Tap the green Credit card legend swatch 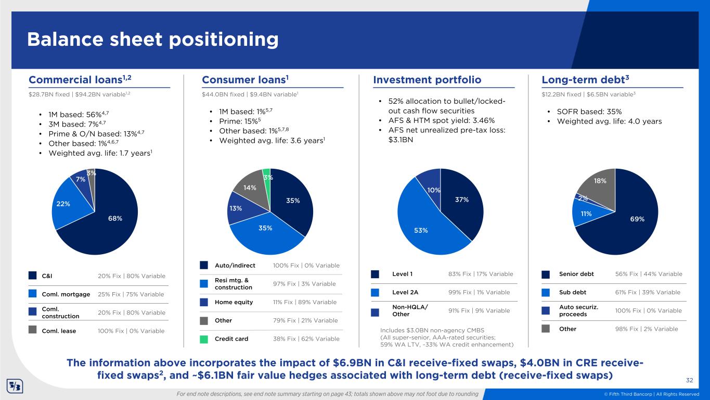(204, 339)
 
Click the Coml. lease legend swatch (33, 331)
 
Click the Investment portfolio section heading (427, 80)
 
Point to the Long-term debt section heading (586, 80)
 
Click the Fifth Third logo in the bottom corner (14, 388)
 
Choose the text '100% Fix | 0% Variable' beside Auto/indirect (306, 265)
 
